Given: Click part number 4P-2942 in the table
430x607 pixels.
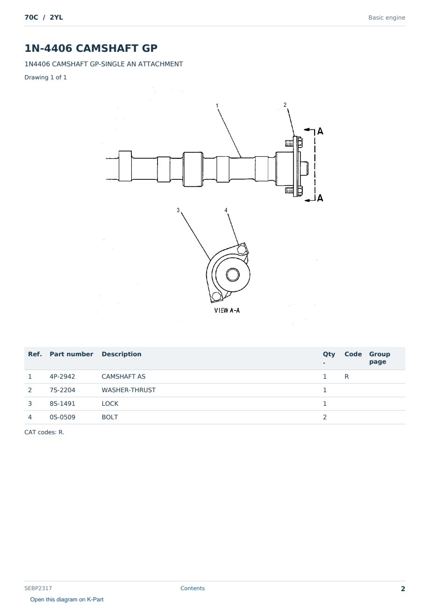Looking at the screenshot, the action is [62, 376].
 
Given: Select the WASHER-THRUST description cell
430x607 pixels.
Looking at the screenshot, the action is [129, 390].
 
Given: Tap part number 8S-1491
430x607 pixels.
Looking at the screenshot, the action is [62, 403].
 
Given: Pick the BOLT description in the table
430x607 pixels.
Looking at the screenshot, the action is [110, 417].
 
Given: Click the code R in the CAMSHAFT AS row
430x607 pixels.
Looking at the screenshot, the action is [346, 376].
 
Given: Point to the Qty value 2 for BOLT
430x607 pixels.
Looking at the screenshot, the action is [325, 417].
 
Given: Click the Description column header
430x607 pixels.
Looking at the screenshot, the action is [121, 354].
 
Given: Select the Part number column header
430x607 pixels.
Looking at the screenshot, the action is [72, 354].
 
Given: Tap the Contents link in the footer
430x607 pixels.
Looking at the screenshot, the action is [193, 588].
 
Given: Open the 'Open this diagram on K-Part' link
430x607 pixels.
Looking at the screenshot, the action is [67, 600].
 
